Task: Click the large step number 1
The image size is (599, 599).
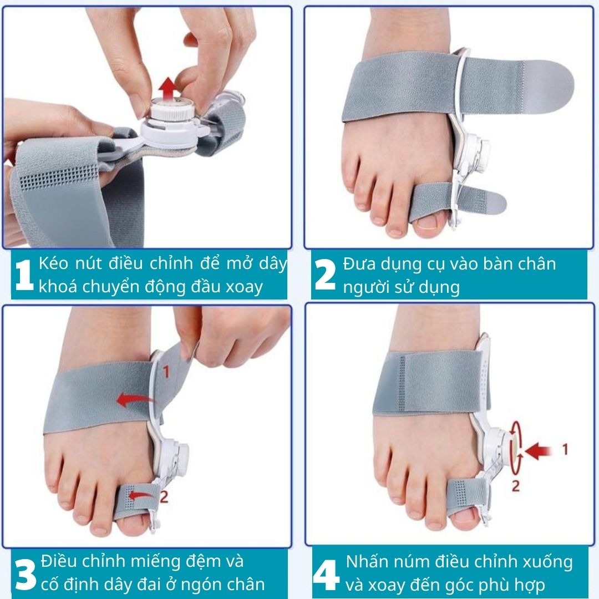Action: [x=24, y=275]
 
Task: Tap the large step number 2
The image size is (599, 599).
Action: [x=324, y=274]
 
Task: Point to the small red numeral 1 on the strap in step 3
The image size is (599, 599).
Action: [x=166, y=371]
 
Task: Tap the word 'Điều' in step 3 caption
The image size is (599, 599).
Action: [x=59, y=561]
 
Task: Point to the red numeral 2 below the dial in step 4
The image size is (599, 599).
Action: [x=516, y=486]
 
